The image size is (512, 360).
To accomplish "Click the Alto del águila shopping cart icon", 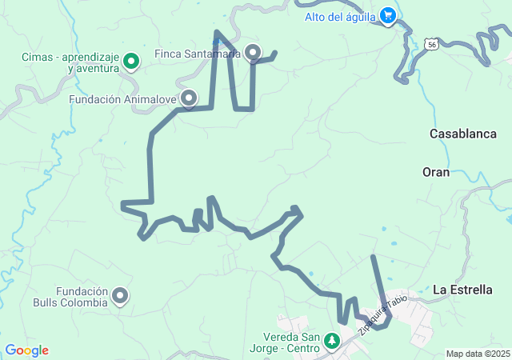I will tap(388, 15).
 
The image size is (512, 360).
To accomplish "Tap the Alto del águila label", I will tap(342, 16).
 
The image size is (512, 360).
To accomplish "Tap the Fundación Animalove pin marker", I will tap(190, 98).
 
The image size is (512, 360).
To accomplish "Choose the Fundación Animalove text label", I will tap(123, 100).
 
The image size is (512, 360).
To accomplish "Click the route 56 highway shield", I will tap(432, 43).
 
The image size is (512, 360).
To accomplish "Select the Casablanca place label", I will tap(463, 134).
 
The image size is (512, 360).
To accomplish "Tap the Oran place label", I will tap(436, 172).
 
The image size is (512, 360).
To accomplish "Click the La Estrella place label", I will tap(463, 290).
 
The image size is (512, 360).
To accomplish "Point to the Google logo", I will tap(26, 350).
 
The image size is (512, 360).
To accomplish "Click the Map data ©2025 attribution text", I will tap(478, 354).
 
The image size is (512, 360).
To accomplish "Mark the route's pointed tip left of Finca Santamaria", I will tap(216, 33).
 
